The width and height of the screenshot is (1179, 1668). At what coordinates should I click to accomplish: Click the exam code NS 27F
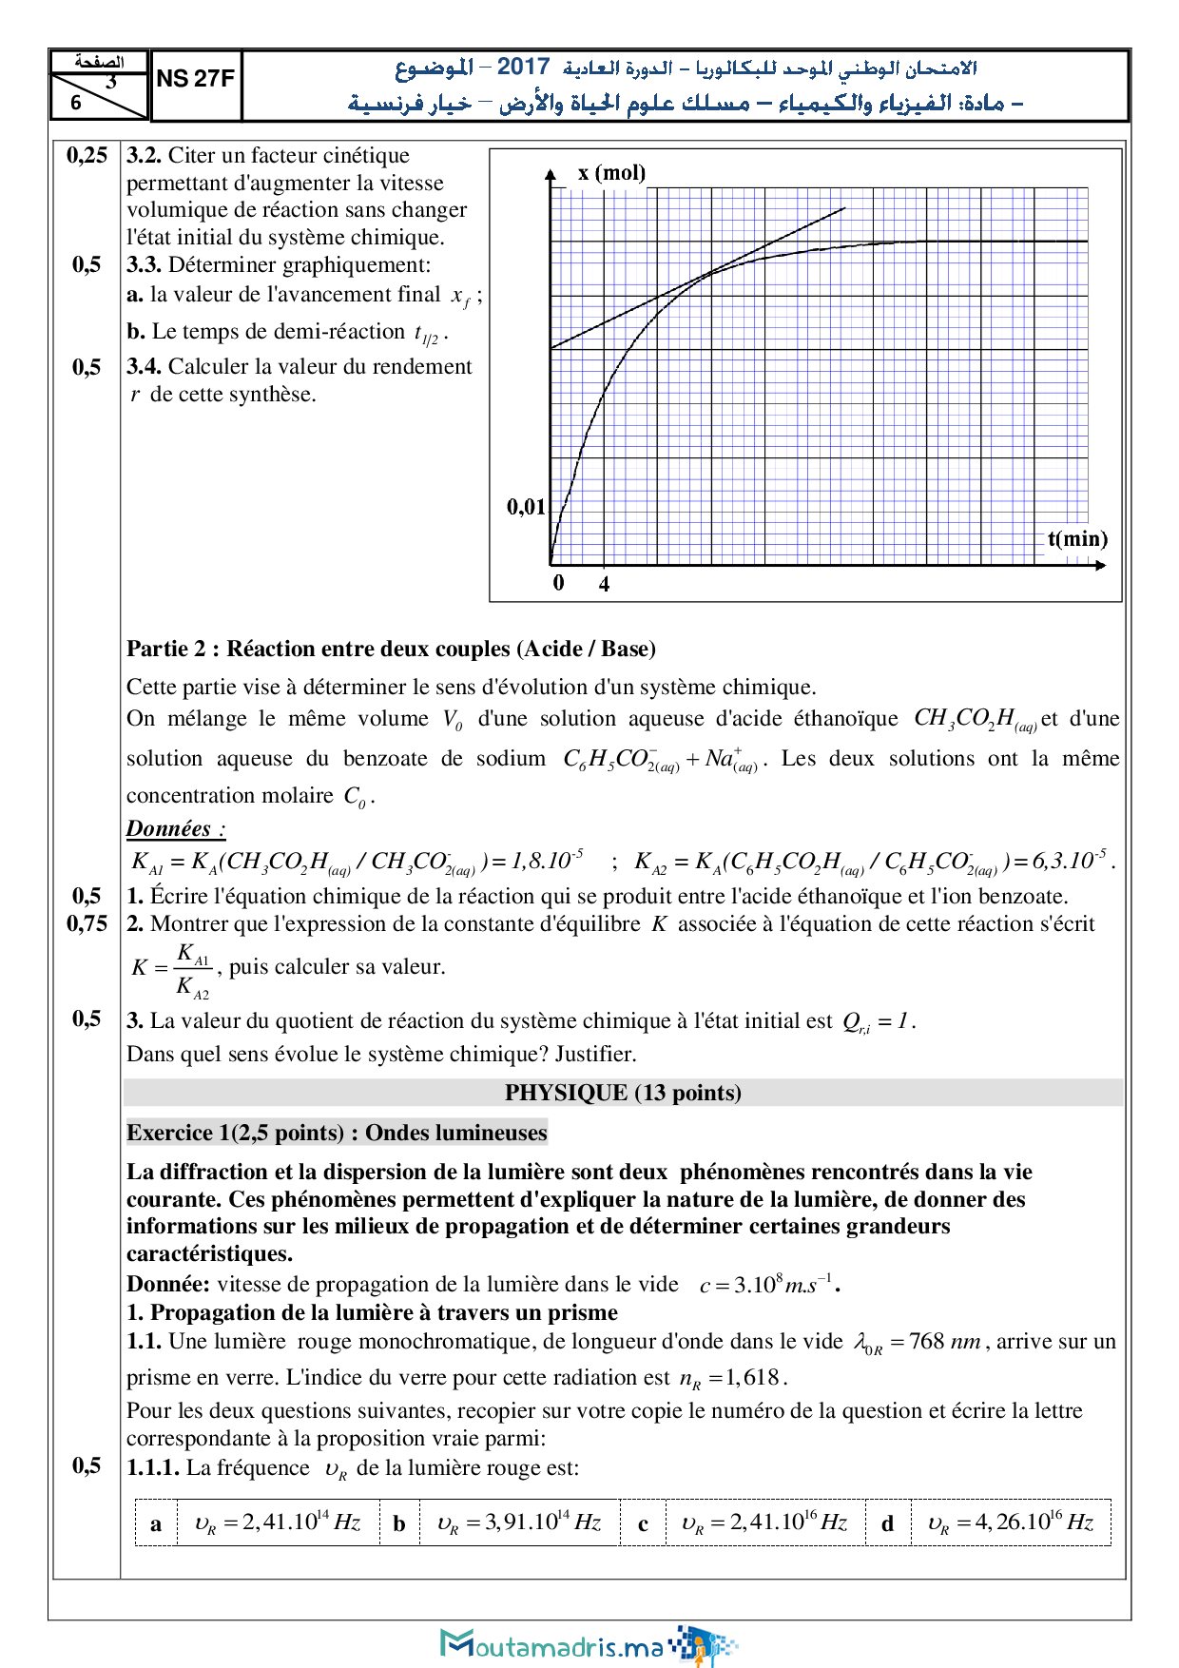tap(195, 79)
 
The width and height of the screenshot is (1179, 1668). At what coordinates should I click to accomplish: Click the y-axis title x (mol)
tap(611, 173)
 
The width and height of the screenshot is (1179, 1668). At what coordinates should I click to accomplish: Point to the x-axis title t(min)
tap(1077, 539)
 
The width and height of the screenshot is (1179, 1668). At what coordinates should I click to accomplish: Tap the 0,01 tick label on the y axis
tap(526, 507)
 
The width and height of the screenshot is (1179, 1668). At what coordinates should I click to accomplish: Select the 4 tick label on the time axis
tap(604, 584)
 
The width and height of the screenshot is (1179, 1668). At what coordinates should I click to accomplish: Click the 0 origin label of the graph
tap(559, 583)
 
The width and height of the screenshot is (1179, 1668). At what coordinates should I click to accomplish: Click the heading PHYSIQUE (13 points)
tap(623, 1093)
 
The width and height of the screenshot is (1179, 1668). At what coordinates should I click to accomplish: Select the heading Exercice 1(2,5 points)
tap(337, 1133)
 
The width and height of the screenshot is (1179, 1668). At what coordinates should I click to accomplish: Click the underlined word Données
tap(175, 828)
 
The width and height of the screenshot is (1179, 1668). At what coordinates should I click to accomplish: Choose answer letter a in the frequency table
tap(156, 1523)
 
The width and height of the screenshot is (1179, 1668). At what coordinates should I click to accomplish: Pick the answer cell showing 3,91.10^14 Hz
tap(519, 1523)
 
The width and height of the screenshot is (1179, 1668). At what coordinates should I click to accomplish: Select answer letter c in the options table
tap(643, 1523)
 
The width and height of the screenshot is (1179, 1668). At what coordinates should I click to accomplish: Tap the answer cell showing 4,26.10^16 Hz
tap(1010, 1523)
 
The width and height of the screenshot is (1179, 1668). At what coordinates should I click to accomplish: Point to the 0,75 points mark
tap(87, 923)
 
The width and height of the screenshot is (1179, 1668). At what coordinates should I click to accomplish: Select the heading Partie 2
tap(172, 650)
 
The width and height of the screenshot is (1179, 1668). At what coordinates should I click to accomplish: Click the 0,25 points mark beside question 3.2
tap(87, 155)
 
